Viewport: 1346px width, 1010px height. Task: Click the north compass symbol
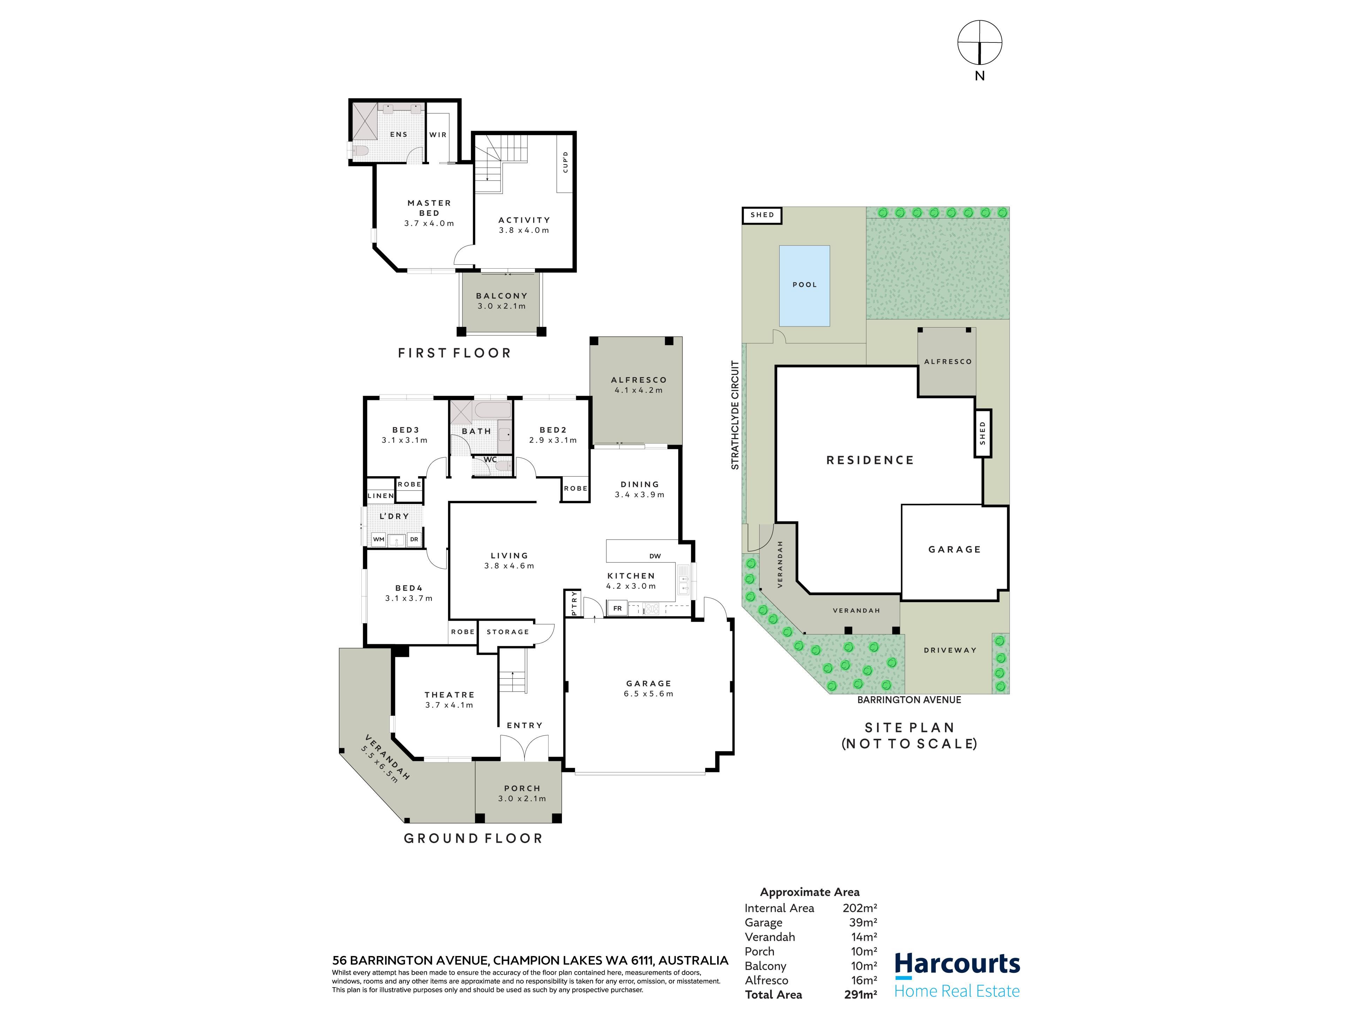(x=980, y=43)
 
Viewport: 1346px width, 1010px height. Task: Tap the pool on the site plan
(x=804, y=285)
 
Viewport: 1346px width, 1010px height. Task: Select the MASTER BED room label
(x=430, y=208)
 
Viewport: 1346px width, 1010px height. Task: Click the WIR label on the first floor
(x=438, y=135)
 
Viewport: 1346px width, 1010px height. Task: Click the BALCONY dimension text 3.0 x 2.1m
(x=501, y=306)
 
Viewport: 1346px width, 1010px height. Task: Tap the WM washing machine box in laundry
(x=379, y=539)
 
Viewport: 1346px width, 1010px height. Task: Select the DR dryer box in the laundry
(x=414, y=539)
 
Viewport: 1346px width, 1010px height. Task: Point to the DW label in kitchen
(x=655, y=556)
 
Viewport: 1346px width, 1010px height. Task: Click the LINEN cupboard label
(x=381, y=496)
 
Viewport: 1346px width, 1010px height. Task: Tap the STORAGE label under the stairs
(x=508, y=632)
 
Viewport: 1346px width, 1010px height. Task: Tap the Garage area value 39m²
(x=863, y=922)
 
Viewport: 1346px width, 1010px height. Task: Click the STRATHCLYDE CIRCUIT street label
(x=735, y=415)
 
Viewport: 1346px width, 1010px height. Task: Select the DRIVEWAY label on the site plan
(x=950, y=650)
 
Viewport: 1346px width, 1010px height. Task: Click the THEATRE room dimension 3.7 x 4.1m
(x=449, y=705)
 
